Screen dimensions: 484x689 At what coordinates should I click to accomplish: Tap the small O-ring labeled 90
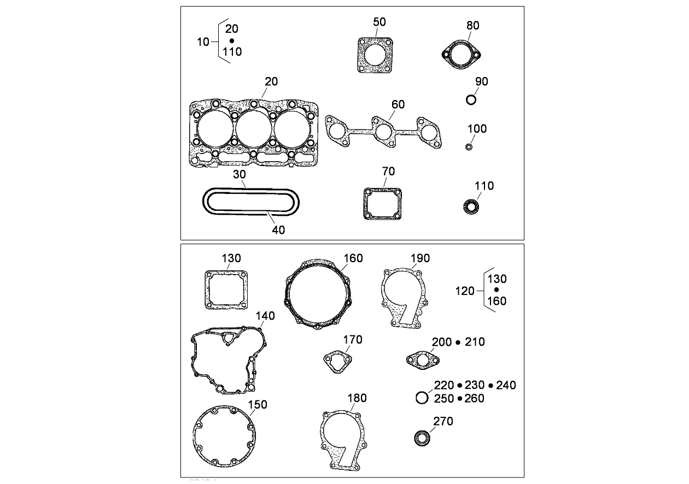click(471, 100)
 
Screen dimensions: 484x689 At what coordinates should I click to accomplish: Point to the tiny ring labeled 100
click(469, 147)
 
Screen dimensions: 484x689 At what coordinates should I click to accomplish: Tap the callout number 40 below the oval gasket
click(278, 230)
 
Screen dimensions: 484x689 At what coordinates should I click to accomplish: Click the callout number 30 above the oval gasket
click(240, 174)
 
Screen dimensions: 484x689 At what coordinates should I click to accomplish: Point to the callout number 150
click(258, 405)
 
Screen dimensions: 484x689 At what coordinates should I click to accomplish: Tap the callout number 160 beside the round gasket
click(353, 258)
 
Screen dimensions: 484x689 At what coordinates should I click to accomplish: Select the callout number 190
click(420, 258)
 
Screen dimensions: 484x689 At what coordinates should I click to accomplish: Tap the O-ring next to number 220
click(422, 398)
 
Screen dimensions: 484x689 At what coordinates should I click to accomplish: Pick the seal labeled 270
click(421, 438)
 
